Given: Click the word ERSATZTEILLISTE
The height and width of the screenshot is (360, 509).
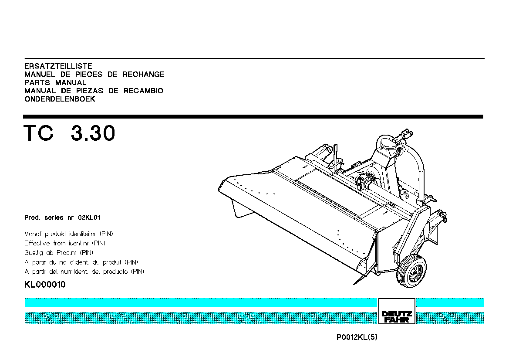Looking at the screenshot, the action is [58, 66].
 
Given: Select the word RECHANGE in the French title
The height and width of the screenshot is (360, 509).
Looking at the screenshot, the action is [144, 74].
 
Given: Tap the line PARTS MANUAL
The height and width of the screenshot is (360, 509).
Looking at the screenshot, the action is [55, 82].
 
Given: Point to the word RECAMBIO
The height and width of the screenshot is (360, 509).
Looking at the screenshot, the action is [143, 91].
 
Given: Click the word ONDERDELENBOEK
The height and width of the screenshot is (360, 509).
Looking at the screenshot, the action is [60, 99].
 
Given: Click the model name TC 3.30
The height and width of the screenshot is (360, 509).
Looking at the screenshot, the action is [70, 133].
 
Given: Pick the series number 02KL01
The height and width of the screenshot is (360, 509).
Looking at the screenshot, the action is [89, 217].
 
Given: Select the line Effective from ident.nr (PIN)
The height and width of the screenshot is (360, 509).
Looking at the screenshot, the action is [65, 243].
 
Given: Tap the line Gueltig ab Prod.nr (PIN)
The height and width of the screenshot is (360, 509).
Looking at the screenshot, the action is [59, 252].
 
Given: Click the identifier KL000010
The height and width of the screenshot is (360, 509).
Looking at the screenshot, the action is [45, 285].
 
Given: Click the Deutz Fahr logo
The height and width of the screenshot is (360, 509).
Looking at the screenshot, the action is [397, 311].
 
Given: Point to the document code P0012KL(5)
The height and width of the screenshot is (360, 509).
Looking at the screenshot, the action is [357, 337].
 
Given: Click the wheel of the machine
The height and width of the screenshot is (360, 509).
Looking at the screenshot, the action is [412, 271].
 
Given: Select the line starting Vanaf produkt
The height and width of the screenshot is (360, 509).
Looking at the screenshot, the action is [69, 234].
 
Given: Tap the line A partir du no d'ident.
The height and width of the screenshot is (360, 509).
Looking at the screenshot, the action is [81, 262].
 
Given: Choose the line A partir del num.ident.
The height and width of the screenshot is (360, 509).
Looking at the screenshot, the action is [84, 271].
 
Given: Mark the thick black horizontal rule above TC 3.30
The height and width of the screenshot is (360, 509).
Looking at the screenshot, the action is [253, 116].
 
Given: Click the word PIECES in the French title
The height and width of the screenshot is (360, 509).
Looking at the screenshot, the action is [89, 74].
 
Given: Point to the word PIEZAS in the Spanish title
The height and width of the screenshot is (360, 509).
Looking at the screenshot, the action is [90, 91].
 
